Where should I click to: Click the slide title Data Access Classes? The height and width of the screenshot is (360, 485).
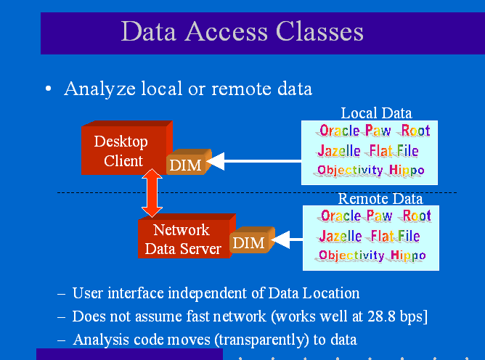click(242, 31)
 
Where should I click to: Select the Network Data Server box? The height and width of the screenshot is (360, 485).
click(182, 239)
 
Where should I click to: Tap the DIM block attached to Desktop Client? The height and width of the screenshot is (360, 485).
click(186, 165)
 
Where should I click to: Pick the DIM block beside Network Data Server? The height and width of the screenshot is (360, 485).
click(249, 242)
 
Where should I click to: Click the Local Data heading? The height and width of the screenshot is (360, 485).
click(376, 112)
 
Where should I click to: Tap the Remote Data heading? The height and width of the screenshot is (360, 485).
click(380, 198)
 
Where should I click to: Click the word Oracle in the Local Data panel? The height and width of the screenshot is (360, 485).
click(340, 131)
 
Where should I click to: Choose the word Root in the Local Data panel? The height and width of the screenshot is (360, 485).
click(416, 131)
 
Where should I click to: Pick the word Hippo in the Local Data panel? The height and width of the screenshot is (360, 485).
click(407, 171)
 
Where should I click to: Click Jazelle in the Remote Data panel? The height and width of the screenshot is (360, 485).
click(341, 236)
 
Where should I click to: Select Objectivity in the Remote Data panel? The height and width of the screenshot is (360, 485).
click(351, 255)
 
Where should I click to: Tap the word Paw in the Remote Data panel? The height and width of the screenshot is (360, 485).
click(380, 216)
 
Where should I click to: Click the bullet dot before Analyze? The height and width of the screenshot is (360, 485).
click(48, 89)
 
